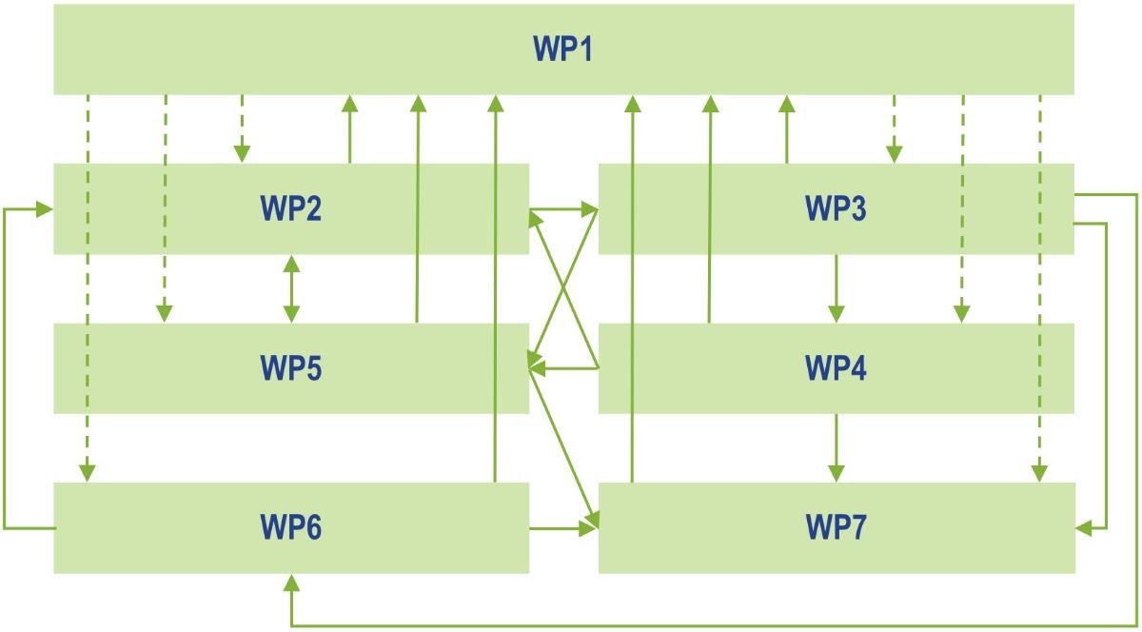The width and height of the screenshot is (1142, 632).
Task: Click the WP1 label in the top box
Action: pyautogui.click(x=563, y=49)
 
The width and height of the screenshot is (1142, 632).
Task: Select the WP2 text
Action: pyautogui.click(x=291, y=208)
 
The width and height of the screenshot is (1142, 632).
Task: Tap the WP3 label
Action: pyautogui.click(x=836, y=208)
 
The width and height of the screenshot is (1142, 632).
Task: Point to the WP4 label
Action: pyautogui.click(x=836, y=367)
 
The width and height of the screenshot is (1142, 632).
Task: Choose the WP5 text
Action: pyautogui.click(x=291, y=367)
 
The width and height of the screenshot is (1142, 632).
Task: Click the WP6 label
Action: pyautogui.click(x=291, y=527)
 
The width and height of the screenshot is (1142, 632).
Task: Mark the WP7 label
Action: pyautogui.click(x=836, y=527)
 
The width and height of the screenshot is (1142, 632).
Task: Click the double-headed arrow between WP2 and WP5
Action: pyautogui.click(x=291, y=288)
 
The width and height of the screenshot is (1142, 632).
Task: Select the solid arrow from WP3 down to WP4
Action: pyautogui.click(x=836, y=288)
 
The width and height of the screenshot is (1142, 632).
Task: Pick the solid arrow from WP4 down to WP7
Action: pyautogui.click(x=836, y=447)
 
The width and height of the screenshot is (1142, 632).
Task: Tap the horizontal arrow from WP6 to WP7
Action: pyautogui.click(x=563, y=527)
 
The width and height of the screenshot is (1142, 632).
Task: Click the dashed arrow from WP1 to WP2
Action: pyautogui.click(x=242, y=128)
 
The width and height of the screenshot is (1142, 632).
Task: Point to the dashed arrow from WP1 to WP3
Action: pyautogui.click(x=894, y=128)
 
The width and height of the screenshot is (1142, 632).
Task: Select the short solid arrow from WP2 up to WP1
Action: pyautogui.click(x=350, y=128)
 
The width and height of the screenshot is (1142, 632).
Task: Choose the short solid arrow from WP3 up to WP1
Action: pyautogui.click(x=787, y=128)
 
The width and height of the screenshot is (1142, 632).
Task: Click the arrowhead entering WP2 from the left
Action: pyautogui.click(x=44, y=209)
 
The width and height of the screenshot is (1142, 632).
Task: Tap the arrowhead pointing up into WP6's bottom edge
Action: pyautogui.click(x=290, y=583)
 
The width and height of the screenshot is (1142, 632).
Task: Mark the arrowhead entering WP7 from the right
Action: pyautogui.click(x=1083, y=525)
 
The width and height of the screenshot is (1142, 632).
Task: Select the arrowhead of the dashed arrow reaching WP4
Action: pyautogui.click(x=961, y=313)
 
